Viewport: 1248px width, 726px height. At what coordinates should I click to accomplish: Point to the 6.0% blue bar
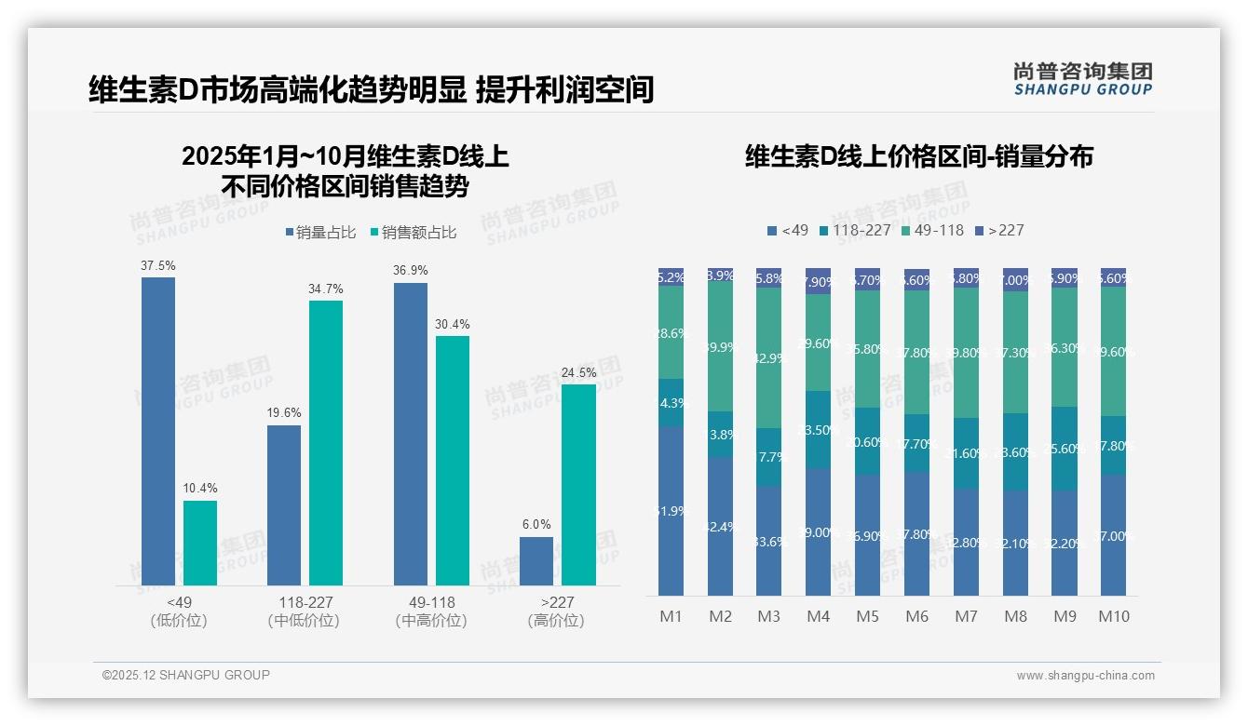click(x=536, y=560)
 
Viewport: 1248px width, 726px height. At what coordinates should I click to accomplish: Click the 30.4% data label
click(x=453, y=325)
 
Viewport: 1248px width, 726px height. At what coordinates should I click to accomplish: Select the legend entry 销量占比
click(x=319, y=233)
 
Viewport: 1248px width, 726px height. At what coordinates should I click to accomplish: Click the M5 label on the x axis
click(x=867, y=616)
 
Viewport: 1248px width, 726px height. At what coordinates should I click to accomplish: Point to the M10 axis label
click(x=1113, y=616)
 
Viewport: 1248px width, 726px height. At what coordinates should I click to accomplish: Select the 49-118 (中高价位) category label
click(x=431, y=612)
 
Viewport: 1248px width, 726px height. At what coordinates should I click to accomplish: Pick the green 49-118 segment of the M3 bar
click(x=768, y=357)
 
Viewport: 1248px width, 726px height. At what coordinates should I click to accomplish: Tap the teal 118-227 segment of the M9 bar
click(x=1065, y=448)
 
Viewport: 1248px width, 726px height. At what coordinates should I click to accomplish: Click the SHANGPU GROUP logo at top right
click(x=1082, y=79)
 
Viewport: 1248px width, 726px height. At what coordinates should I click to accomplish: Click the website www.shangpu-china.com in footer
click(x=1085, y=676)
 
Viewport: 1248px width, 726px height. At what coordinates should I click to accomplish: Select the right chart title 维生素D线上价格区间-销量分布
click(x=918, y=156)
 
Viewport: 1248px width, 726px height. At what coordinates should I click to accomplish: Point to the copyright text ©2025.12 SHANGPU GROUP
click(x=186, y=675)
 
